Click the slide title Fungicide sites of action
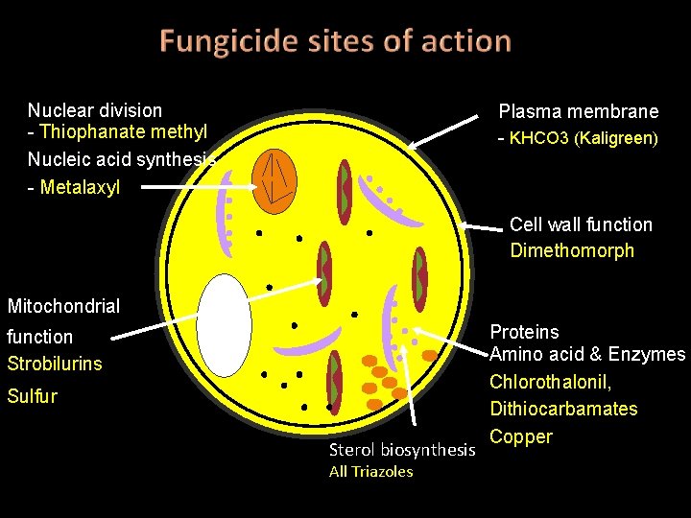335,41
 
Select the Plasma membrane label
579,111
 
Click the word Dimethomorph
572,251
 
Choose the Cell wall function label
581,224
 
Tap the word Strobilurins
54,364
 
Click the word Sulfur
32,396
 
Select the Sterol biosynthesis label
402,449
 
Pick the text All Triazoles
370,471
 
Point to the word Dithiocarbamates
563,409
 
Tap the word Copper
521,436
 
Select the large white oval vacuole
225,325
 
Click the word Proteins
524,332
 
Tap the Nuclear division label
95,110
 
